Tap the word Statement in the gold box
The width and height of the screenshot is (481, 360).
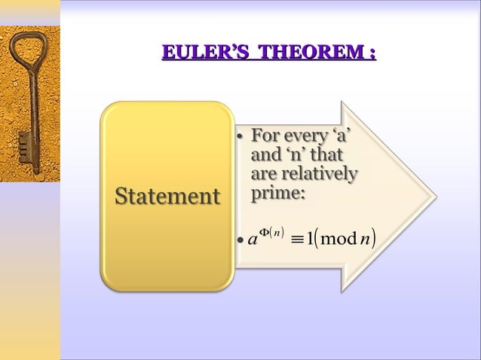pos(167,197)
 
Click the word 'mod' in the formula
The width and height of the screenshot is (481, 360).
pos(340,241)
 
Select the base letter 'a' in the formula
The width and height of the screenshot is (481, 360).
pos(251,242)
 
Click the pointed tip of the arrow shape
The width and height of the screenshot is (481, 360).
pos(435,197)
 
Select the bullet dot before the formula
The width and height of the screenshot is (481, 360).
pos(239,242)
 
